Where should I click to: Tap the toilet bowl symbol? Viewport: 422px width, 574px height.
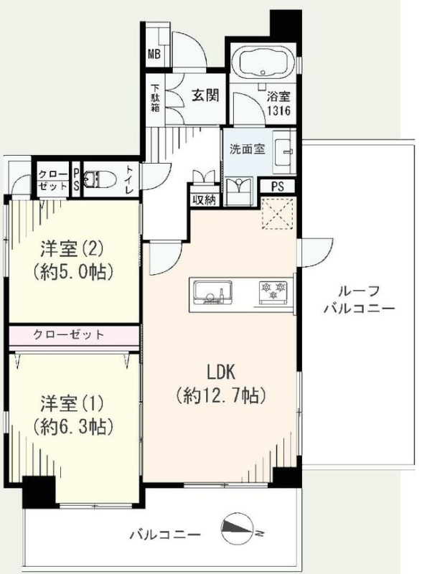tap(100, 179)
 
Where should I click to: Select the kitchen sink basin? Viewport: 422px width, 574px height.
tap(213, 293)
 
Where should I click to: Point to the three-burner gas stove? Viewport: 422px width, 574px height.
tap(273, 291)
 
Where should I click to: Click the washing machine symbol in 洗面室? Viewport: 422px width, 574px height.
tap(239, 191)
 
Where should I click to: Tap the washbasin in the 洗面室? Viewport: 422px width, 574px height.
tap(284, 151)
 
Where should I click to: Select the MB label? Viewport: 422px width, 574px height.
tap(154, 55)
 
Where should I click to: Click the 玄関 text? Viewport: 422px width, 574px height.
tap(205, 95)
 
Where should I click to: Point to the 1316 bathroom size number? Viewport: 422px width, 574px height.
tap(278, 110)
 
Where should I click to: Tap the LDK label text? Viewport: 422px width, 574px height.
tap(220, 372)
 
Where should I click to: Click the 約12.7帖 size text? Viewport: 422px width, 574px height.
tap(221, 395)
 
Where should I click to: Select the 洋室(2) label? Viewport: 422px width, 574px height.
tap(72, 250)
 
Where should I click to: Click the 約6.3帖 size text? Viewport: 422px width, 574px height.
tap(72, 426)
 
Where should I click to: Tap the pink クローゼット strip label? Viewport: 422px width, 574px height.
tap(68, 334)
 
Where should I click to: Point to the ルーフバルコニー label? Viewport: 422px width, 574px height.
tap(360, 300)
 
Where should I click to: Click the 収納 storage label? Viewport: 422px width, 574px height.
tap(205, 200)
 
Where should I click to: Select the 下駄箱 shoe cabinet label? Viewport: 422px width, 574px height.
tap(155, 98)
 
